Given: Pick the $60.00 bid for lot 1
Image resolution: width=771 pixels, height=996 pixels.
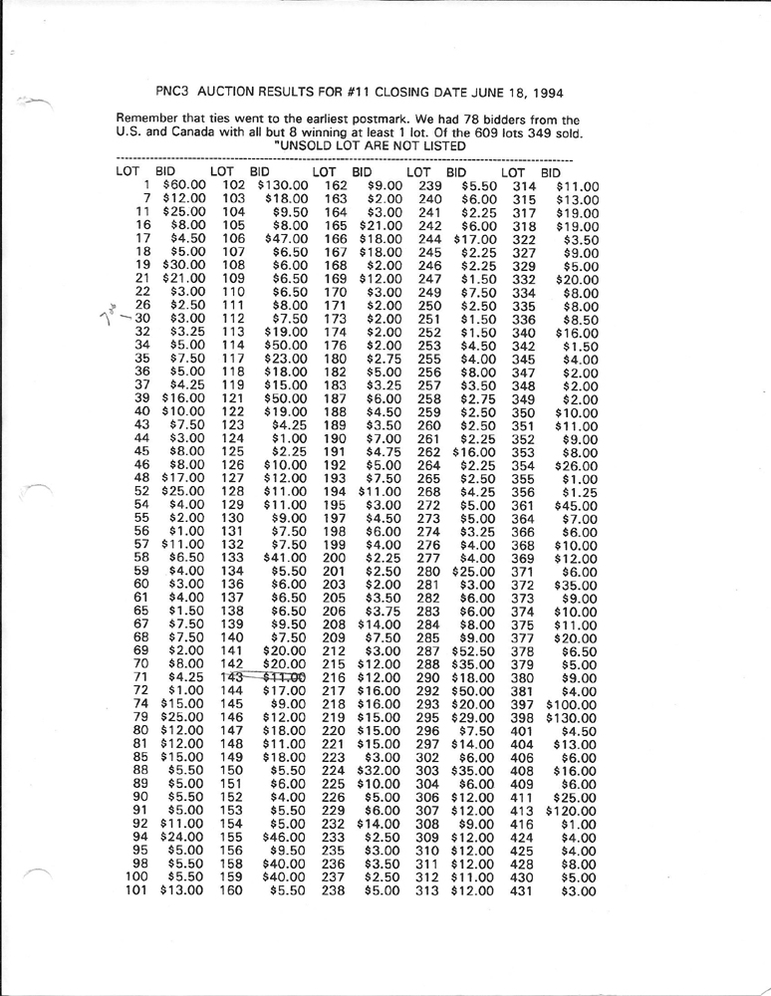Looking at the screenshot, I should click(x=183, y=185).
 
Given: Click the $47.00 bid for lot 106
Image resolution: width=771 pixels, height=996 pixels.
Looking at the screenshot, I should click(x=281, y=239).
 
